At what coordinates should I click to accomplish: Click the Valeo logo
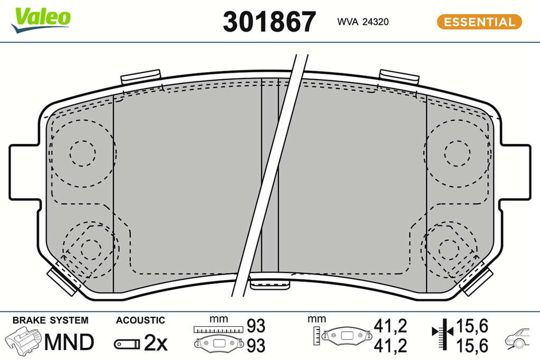(x=41, y=20)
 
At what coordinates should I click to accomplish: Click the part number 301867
(x=269, y=22)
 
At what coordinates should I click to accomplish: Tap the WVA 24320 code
(x=363, y=22)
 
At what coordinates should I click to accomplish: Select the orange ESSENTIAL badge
(x=479, y=22)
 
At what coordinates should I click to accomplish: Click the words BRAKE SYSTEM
(x=50, y=320)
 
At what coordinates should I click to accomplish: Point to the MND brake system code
(x=69, y=342)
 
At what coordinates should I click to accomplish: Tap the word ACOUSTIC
(x=140, y=320)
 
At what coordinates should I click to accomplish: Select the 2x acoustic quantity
(x=156, y=343)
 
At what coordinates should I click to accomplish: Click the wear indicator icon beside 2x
(x=127, y=344)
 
